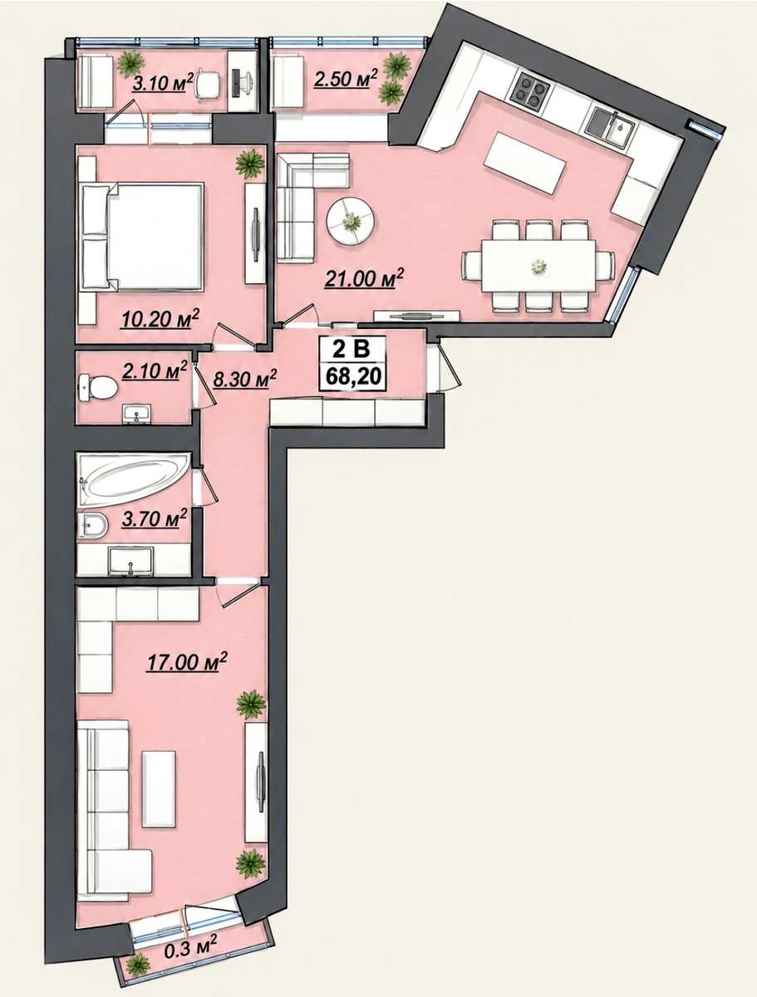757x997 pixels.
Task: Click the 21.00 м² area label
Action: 364,277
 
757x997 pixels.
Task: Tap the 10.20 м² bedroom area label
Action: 160,318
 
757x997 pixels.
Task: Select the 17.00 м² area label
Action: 187,662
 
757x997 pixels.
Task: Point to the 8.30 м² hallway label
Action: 245,378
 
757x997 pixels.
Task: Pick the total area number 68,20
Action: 352,376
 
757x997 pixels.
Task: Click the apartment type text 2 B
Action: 352,350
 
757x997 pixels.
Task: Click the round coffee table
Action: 351,220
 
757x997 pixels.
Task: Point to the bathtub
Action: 134,481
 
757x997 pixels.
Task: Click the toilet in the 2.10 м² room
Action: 98,388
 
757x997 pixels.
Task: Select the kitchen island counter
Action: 525,162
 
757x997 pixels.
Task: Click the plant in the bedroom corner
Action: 250,164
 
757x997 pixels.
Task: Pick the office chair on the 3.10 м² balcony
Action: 207,85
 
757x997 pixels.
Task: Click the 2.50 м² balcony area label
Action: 346,79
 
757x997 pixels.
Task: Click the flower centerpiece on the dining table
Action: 538,266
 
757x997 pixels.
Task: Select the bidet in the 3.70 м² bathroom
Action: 92,526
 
